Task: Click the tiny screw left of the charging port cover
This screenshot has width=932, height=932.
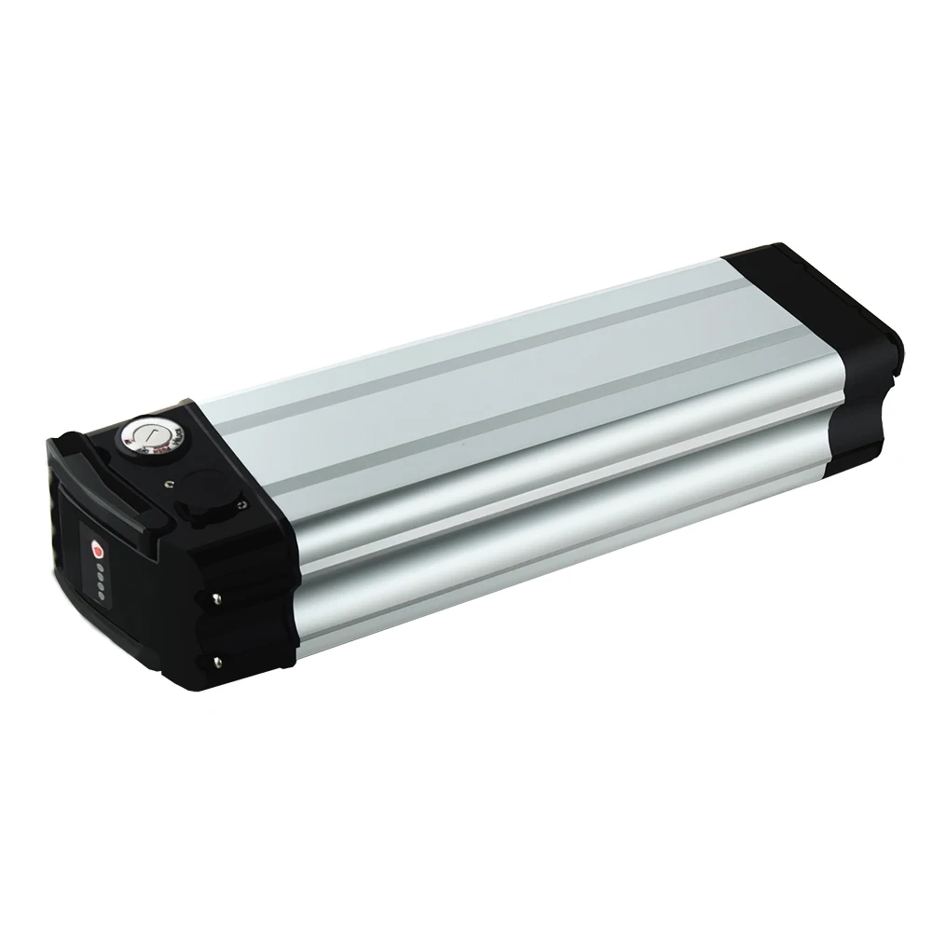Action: tap(170, 484)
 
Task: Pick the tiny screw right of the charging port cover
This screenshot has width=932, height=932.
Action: tap(241, 504)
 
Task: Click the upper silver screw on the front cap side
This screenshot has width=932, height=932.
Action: tap(217, 599)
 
